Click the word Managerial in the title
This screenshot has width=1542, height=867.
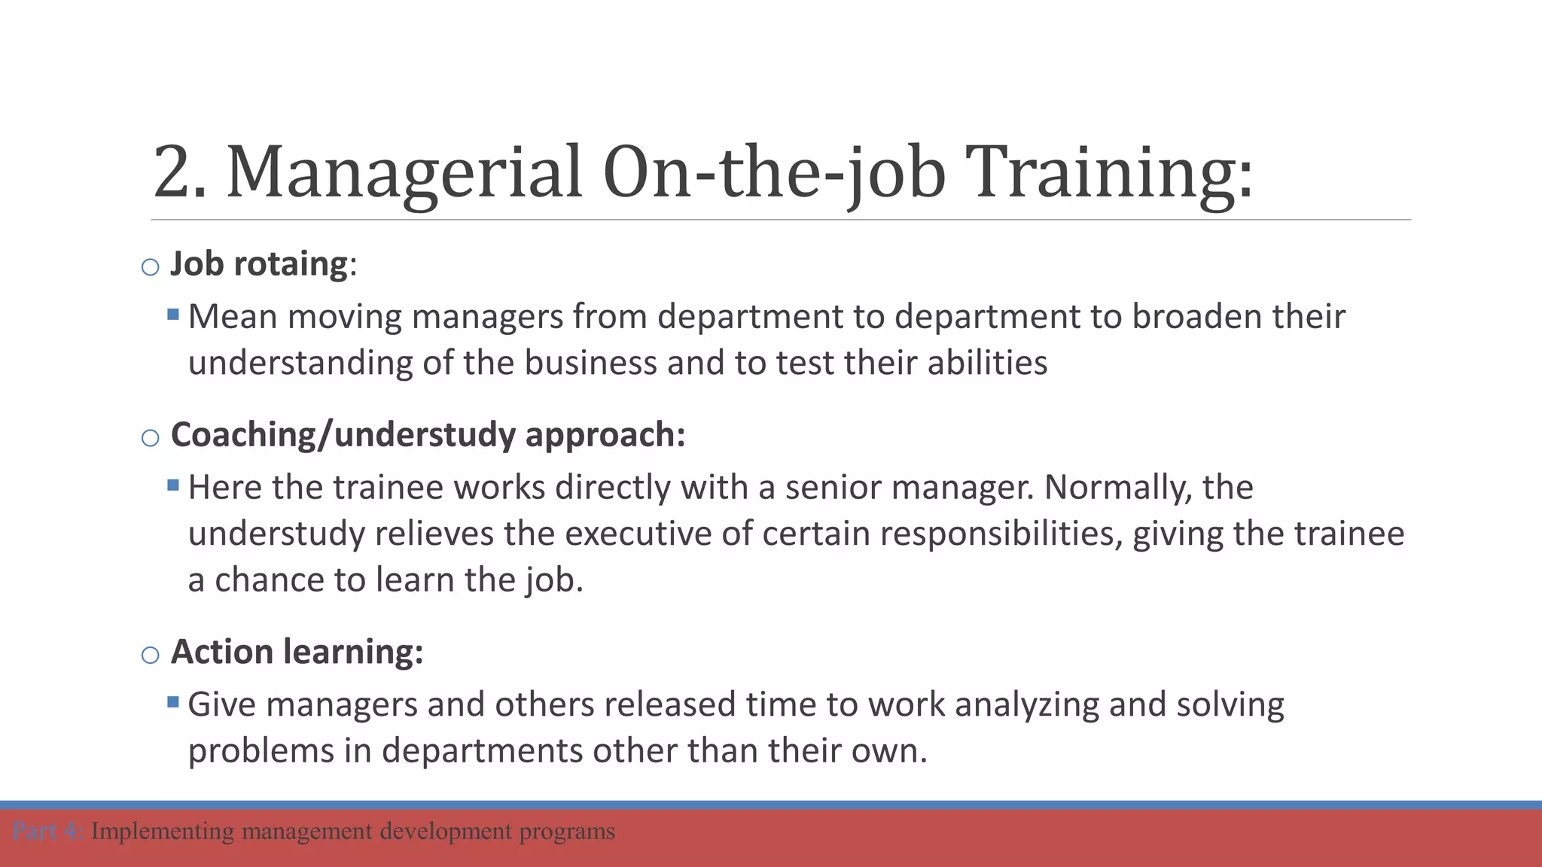coord(404,172)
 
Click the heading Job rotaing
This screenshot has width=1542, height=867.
coord(259,264)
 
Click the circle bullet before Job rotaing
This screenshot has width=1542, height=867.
coord(151,267)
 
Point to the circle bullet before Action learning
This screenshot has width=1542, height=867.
coord(151,655)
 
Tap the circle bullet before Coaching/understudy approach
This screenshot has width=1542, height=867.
coord(151,438)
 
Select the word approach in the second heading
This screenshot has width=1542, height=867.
coord(605,435)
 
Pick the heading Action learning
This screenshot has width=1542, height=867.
coord(297,652)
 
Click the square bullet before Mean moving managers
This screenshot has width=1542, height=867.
coord(173,314)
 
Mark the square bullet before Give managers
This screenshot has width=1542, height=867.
coord(173,702)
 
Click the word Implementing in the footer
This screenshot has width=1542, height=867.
coord(163,832)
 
